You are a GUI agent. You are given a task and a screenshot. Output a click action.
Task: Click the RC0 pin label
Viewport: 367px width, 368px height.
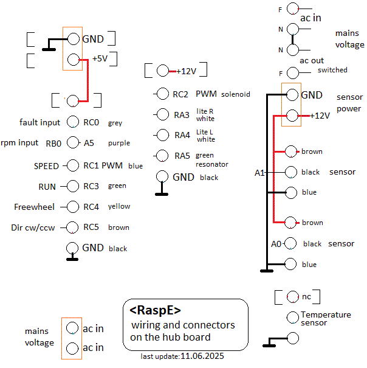point(91,122)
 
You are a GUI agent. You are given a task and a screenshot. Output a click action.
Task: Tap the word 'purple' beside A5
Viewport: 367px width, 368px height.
point(119,144)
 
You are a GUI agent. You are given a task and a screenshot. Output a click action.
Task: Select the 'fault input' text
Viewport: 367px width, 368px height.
point(40,122)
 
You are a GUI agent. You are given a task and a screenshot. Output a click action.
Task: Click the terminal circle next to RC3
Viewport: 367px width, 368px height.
point(73,186)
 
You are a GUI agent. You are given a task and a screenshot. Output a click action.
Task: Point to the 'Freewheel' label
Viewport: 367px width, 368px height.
point(34,207)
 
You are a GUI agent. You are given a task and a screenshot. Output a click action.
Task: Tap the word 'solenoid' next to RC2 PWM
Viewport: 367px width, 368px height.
point(236,94)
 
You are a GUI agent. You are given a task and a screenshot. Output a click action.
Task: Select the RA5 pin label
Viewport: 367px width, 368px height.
point(182,156)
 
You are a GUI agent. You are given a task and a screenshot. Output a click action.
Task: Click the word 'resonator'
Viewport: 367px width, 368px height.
point(212,164)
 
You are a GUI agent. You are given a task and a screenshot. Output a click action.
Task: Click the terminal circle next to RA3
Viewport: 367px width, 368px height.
point(162,114)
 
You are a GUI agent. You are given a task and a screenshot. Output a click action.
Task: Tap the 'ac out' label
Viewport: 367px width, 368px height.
point(312,60)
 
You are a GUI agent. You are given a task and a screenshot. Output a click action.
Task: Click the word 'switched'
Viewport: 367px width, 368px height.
point(332,70)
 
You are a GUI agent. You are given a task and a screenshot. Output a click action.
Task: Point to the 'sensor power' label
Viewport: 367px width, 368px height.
point(349,103)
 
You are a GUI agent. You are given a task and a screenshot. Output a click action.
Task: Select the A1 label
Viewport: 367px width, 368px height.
point(259,173)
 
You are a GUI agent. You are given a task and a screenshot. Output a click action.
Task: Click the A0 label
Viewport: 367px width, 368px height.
point(276,244)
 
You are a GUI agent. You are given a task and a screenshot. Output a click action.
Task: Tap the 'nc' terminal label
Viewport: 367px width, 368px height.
point(306,296)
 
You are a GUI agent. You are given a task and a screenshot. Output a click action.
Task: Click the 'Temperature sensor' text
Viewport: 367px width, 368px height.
point(326,318)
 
